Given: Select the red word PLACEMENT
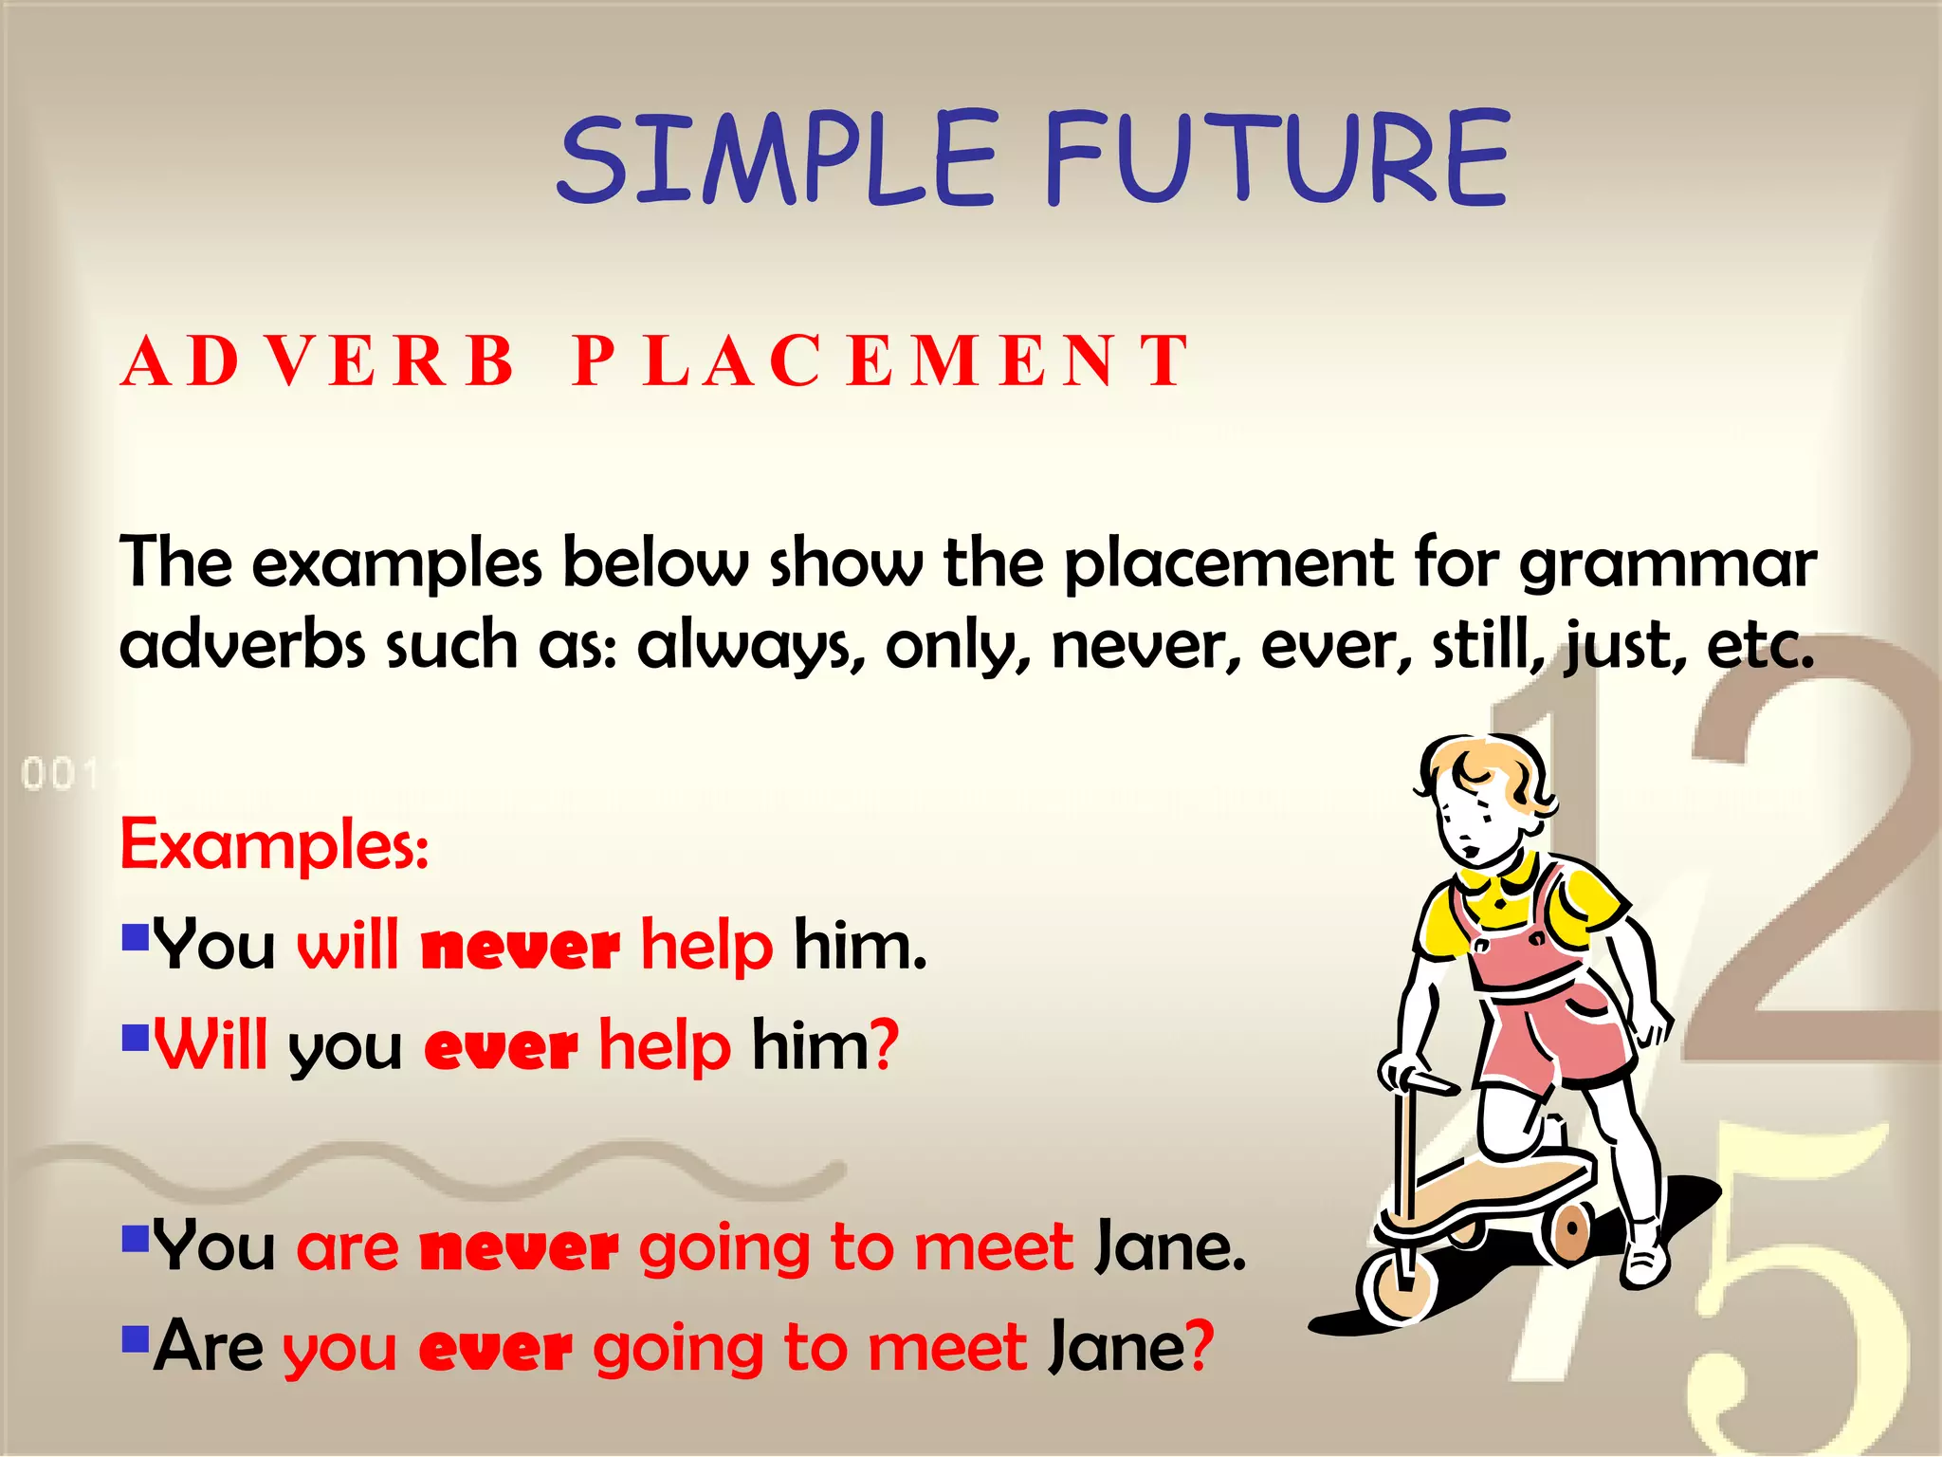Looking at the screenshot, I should pyautogui.click(x=881, y=361).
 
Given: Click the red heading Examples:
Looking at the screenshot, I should pyautogui.click(x=274, y=844).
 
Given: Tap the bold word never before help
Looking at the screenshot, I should pyautogui.click(x=521, y=948).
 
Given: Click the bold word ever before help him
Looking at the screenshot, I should pyautogui.click(x=501, y=1048).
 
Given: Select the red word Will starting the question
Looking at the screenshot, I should pyautogui.click(x=211, y=1045).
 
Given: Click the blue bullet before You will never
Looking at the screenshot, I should pyautogui.click(x=136, y=937).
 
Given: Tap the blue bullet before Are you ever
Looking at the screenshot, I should pyautogui.click(x=136, y=1338).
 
